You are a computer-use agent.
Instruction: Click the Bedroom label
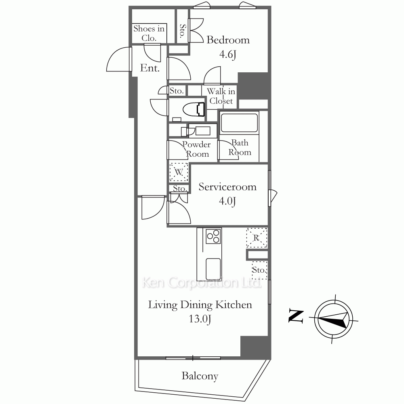[228, 40]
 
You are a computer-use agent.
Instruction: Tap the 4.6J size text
[228, 54]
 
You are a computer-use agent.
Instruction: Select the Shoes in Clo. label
[149, 33]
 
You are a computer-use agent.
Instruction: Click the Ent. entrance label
[150, 68]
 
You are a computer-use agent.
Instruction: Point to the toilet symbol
[194, 109]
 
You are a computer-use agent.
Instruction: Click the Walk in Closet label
[221, 96]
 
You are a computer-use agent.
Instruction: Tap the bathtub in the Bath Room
[239, 123]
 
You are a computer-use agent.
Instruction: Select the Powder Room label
[197, 149]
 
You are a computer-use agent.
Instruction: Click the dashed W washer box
[179, 172]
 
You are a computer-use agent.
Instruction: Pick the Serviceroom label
[227, 187]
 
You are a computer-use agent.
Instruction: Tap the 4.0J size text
[227, 201]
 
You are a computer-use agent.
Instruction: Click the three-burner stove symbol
[214, 236]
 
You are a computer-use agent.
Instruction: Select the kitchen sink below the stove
[213, 267]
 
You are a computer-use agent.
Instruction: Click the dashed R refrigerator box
[257, 238]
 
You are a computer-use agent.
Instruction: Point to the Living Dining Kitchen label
[200, 305]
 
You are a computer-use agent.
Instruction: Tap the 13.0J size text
[200, 319]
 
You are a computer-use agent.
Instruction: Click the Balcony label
[200, 376]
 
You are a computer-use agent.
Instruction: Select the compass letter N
[296, 316]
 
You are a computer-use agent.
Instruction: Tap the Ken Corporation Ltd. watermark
[202, 283]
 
